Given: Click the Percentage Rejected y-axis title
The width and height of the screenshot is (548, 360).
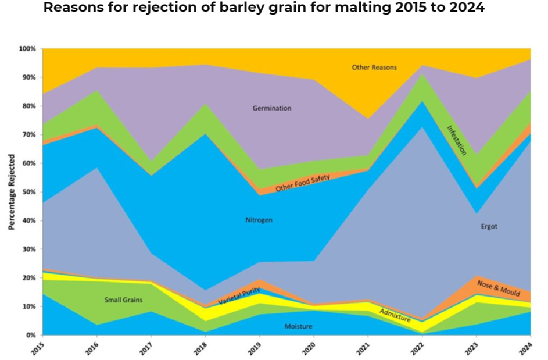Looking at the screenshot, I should click(11, 192).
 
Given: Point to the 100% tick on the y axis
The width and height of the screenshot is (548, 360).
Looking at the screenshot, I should click(27, 49).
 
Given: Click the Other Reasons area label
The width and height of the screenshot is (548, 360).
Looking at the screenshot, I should click(374, 67).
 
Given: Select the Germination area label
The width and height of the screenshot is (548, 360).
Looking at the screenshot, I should click(271, 108).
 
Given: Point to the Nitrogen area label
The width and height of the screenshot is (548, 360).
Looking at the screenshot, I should click(259, 220).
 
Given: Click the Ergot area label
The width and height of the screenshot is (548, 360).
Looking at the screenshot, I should click(489, 227).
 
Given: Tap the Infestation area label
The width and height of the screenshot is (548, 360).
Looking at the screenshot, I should click(457, 140).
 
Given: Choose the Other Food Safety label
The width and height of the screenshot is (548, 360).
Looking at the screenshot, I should click(303, 183).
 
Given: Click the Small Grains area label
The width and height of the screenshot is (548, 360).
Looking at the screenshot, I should click(123, 300).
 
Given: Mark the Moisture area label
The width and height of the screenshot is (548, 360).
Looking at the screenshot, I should click(298, 327).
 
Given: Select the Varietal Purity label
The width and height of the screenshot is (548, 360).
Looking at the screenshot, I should click(239, 297).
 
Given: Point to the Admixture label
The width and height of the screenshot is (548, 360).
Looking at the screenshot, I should click(395, 316).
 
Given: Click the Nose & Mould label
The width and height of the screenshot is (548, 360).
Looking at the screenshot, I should click(498, 287).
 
